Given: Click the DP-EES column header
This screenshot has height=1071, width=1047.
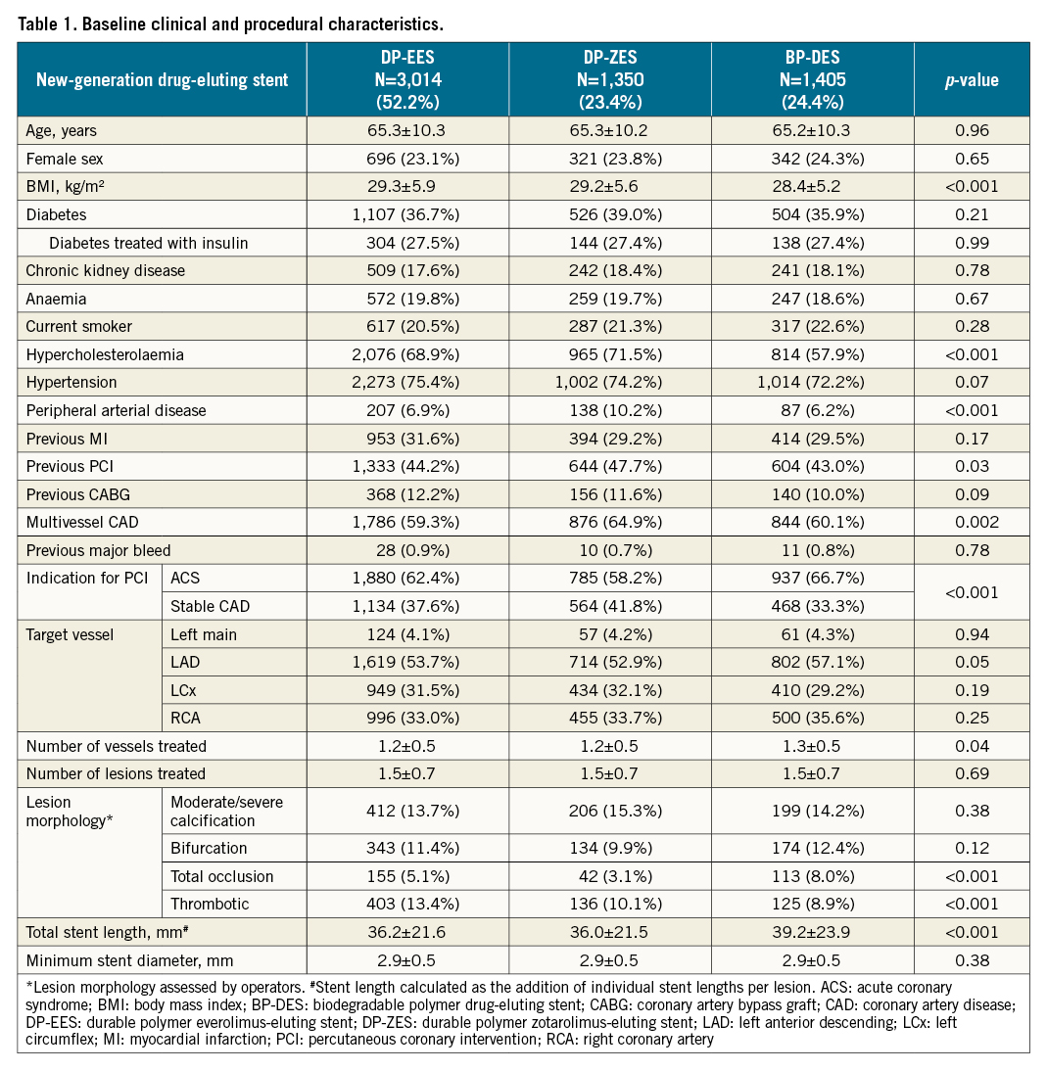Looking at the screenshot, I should click(407, 79).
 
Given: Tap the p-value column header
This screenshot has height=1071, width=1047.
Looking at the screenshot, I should click(972, 80).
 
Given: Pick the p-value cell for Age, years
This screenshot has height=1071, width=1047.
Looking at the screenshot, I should click(972, 131).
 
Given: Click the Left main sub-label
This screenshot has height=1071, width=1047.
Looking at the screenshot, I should click(204, 633).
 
